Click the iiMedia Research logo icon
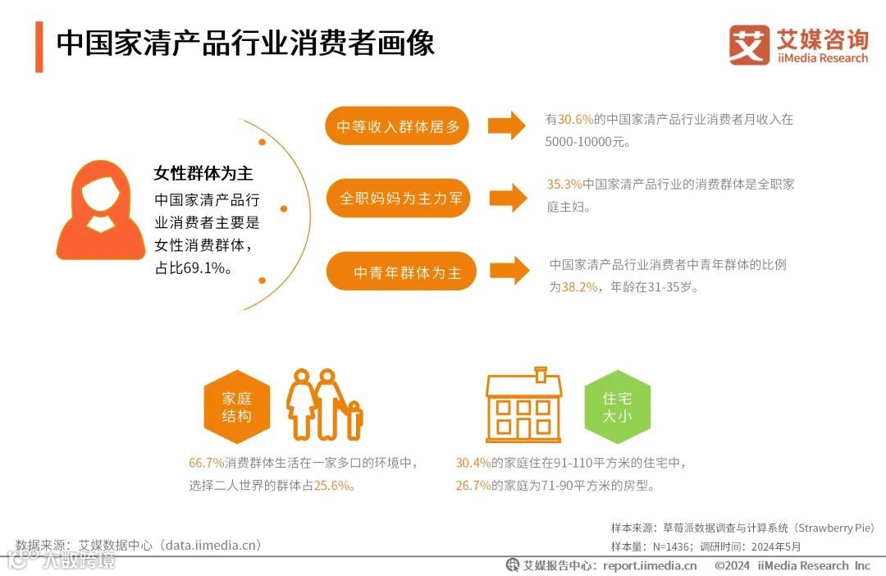tap(749, 45)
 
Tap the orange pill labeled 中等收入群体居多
tap(397, 126)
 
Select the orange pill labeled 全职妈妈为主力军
tap(400, 198)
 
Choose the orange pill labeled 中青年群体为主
tap(401, 272)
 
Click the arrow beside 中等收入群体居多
tap(506, 126)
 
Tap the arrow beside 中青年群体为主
tap(508, 272)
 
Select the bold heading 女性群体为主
tap(203, 173)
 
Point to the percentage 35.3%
tap(564, 184)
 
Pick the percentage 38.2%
tap(579, 287)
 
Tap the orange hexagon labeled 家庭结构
tap(236, 407)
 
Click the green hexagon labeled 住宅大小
tap(617, 407)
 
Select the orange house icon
tap(525, 405)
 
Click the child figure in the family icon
tap(354, 418)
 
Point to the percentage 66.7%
tap(206, 463)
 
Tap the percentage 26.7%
tap(473, 486)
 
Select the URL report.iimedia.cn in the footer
tap(650, 565)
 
